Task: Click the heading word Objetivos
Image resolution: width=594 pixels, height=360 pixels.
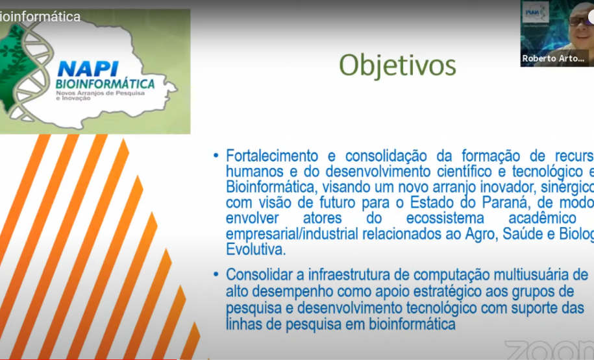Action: coord(397,66)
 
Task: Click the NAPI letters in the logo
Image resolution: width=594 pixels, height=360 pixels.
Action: coord(86,68)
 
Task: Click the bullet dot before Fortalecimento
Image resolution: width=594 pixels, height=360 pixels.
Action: coord(216,156)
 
